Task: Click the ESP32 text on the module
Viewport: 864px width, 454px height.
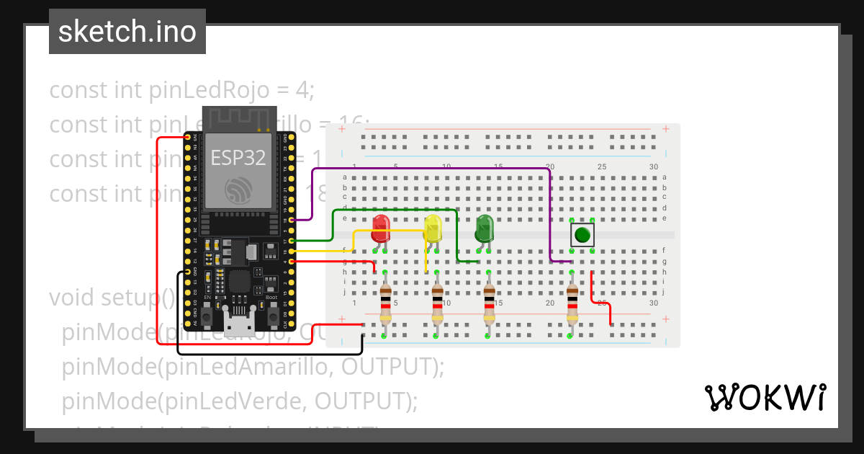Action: click(x=238, y=158)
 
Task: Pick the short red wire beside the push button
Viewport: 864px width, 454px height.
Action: click(x=601, y=303)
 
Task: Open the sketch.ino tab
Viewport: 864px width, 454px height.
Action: click(x=127, y=32)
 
